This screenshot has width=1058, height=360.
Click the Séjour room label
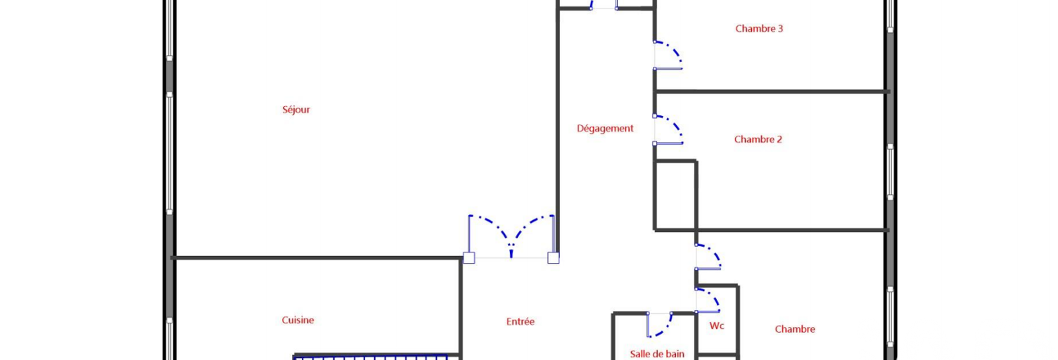(x=296, y=110)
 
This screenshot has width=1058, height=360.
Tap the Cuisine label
(x=298, y=320)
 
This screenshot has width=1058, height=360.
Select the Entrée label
(x=520, y=321)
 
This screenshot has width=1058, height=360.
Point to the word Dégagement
(x=605, y=129)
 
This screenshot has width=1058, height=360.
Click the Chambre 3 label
(x=759, y=28)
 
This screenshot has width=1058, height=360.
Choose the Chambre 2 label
(x=758, y=139)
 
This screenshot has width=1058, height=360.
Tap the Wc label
(x=717, y=326)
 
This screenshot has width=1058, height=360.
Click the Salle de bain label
(x=657, y=354)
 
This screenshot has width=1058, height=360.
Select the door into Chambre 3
(x=668, y=56)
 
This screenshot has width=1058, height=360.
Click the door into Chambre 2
(x=668, y=129)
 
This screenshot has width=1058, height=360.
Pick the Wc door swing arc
(x=708, y=300)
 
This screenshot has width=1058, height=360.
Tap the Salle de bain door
(x=659, y=325)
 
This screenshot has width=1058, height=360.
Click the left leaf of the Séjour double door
(x=490, y=236)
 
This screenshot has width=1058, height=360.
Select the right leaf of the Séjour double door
(x=533, y=236)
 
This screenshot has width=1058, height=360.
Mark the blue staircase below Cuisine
(x=370, y=358)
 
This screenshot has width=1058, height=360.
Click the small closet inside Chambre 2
(x=675, y=195)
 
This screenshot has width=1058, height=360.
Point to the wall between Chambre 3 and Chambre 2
(x=772, y=91)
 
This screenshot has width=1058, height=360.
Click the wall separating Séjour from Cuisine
(x=317, y=258)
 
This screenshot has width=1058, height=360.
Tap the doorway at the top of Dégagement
(x=604, y=6)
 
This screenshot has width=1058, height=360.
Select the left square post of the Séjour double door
(x=469, y=258)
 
